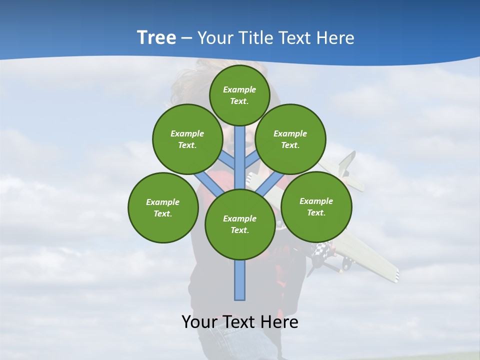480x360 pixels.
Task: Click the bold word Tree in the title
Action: [x=156, y=37]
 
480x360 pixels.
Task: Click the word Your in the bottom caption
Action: [x=200, y=322]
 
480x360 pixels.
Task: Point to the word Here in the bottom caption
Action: [x=279, y=322]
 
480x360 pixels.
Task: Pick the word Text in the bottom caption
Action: [x=239, y=322]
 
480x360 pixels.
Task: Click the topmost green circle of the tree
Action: [x=239, y=95]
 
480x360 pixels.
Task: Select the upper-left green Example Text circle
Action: [x=187, y=139]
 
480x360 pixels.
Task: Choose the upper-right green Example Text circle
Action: [x=290, y=139]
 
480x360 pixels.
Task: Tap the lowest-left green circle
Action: [x=163, y=207]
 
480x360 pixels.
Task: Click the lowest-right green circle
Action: [x=316, y=206]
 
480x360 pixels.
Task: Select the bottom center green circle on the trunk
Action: [x=240, y=224]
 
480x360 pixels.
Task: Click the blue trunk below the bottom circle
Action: [x=240, y=280]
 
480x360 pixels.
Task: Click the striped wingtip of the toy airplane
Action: [x=392, y=274]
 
